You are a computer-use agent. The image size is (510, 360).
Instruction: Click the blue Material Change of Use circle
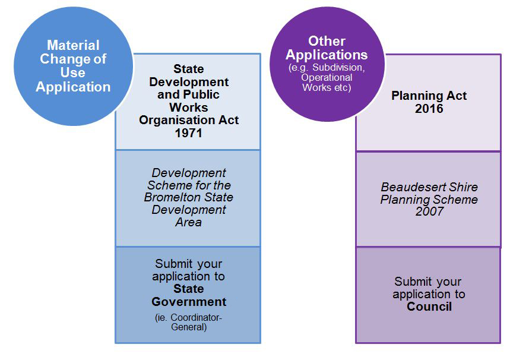[x=73, y=66]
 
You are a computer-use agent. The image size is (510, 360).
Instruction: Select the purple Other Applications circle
[x=327, y=64]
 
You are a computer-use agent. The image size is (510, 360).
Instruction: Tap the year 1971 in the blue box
[x=189, y=133]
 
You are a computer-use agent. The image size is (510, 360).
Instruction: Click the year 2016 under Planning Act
[x=429, y=109]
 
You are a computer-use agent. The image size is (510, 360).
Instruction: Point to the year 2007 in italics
[x=429, y=211]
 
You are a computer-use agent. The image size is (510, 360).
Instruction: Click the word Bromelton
[x=167, y=197]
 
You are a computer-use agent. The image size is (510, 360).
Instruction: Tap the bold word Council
[x=429, y=307]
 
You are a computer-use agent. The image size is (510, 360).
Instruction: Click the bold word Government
[x=189, y=302]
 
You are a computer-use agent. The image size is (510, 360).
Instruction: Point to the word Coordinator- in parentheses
[x=196, y=317]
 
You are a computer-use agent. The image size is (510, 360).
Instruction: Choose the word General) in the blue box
[x=189, y=327]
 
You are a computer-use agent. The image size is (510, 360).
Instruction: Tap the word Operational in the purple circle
[x=327, y=77]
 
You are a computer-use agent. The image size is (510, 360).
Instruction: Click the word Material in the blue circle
[x=73, y=45]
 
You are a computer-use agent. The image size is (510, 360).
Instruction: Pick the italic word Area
[x=189, y=222]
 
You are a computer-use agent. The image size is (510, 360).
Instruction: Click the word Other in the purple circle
[x=327, y=42]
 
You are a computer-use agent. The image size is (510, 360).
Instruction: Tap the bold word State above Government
[x=189, y=289]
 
